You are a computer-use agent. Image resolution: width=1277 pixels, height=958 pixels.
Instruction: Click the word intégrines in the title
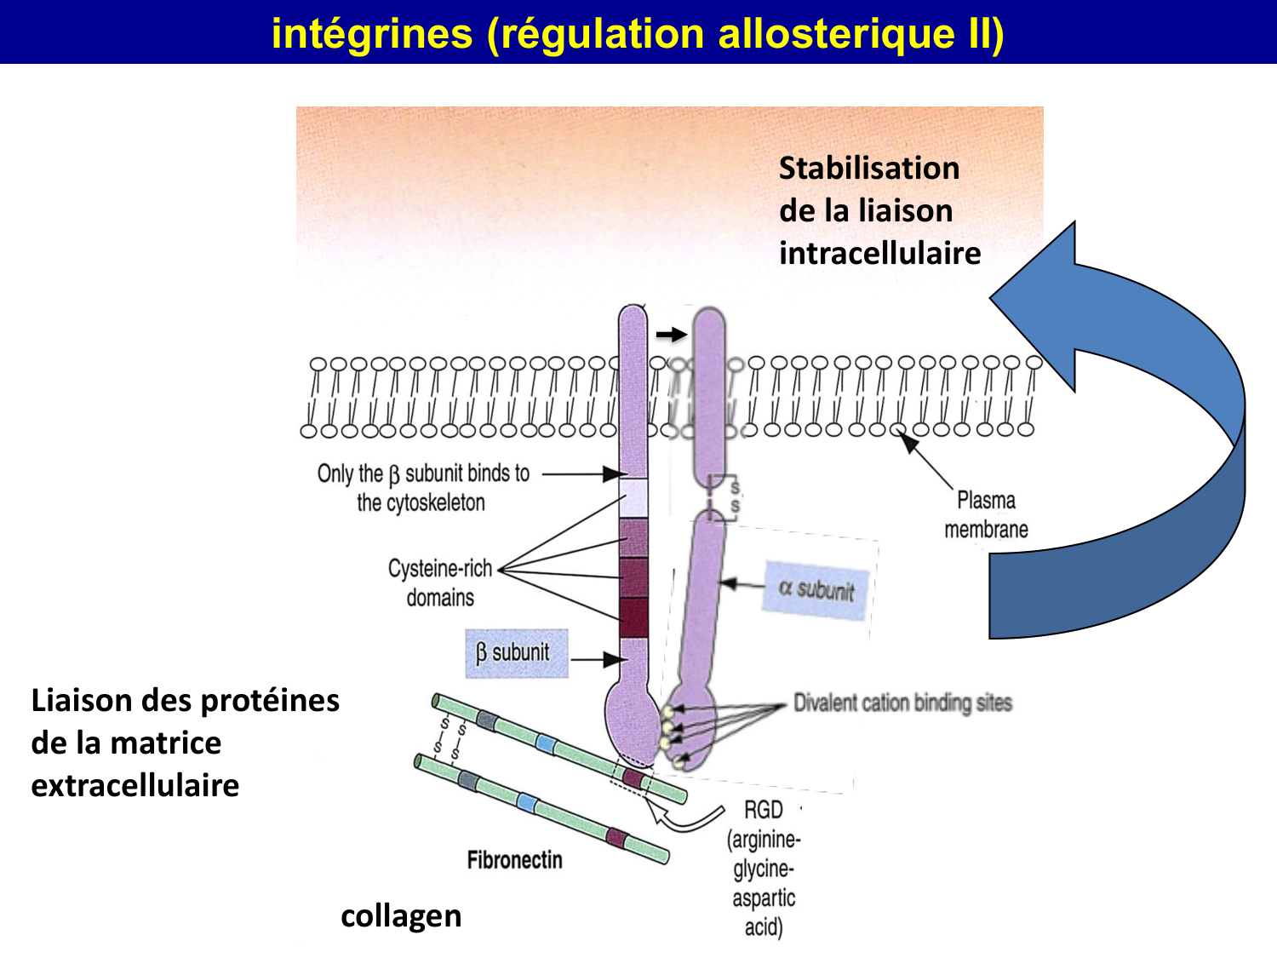371,34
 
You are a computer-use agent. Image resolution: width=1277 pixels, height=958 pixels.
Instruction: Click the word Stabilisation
869,168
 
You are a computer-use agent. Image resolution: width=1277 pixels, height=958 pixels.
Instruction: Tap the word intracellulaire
879,253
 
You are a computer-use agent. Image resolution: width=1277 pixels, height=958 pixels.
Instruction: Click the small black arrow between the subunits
671,335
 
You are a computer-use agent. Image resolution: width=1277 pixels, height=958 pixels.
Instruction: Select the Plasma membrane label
986,514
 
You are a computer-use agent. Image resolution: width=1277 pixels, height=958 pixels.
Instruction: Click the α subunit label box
816,589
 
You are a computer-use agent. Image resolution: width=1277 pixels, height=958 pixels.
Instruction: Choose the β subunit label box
516,653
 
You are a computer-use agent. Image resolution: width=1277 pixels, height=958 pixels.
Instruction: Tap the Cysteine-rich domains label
440,582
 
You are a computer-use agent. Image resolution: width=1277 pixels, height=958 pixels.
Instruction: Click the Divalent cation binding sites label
902,703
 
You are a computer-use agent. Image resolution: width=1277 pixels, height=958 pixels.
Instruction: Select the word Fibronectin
514,860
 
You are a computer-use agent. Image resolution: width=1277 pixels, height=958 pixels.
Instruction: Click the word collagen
401,916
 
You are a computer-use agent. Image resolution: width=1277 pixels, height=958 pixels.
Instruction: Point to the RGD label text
763,809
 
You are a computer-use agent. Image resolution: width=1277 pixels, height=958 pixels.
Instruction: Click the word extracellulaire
135,785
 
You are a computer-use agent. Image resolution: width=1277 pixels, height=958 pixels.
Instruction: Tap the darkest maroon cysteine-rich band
633,617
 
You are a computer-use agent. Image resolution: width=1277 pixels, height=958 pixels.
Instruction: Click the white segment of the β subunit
633,498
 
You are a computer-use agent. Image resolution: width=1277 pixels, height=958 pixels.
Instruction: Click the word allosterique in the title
837,34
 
